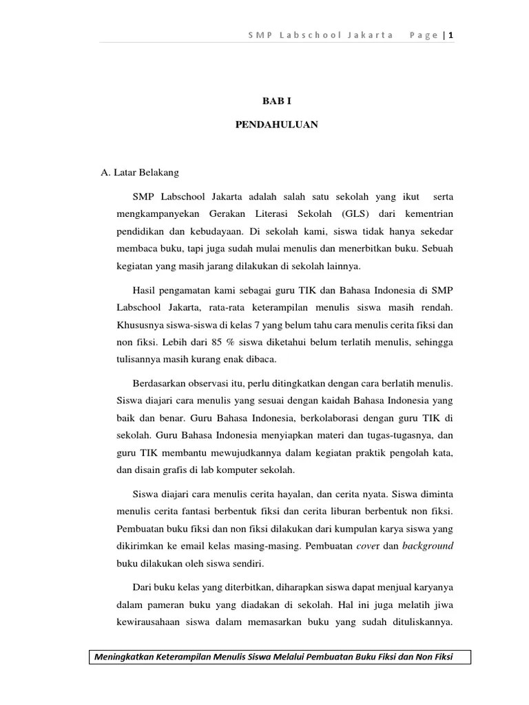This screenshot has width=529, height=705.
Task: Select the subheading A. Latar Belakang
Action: [140, 173]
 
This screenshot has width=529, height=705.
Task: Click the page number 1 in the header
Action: [451, 36]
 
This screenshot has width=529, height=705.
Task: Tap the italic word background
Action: [428, 545]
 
